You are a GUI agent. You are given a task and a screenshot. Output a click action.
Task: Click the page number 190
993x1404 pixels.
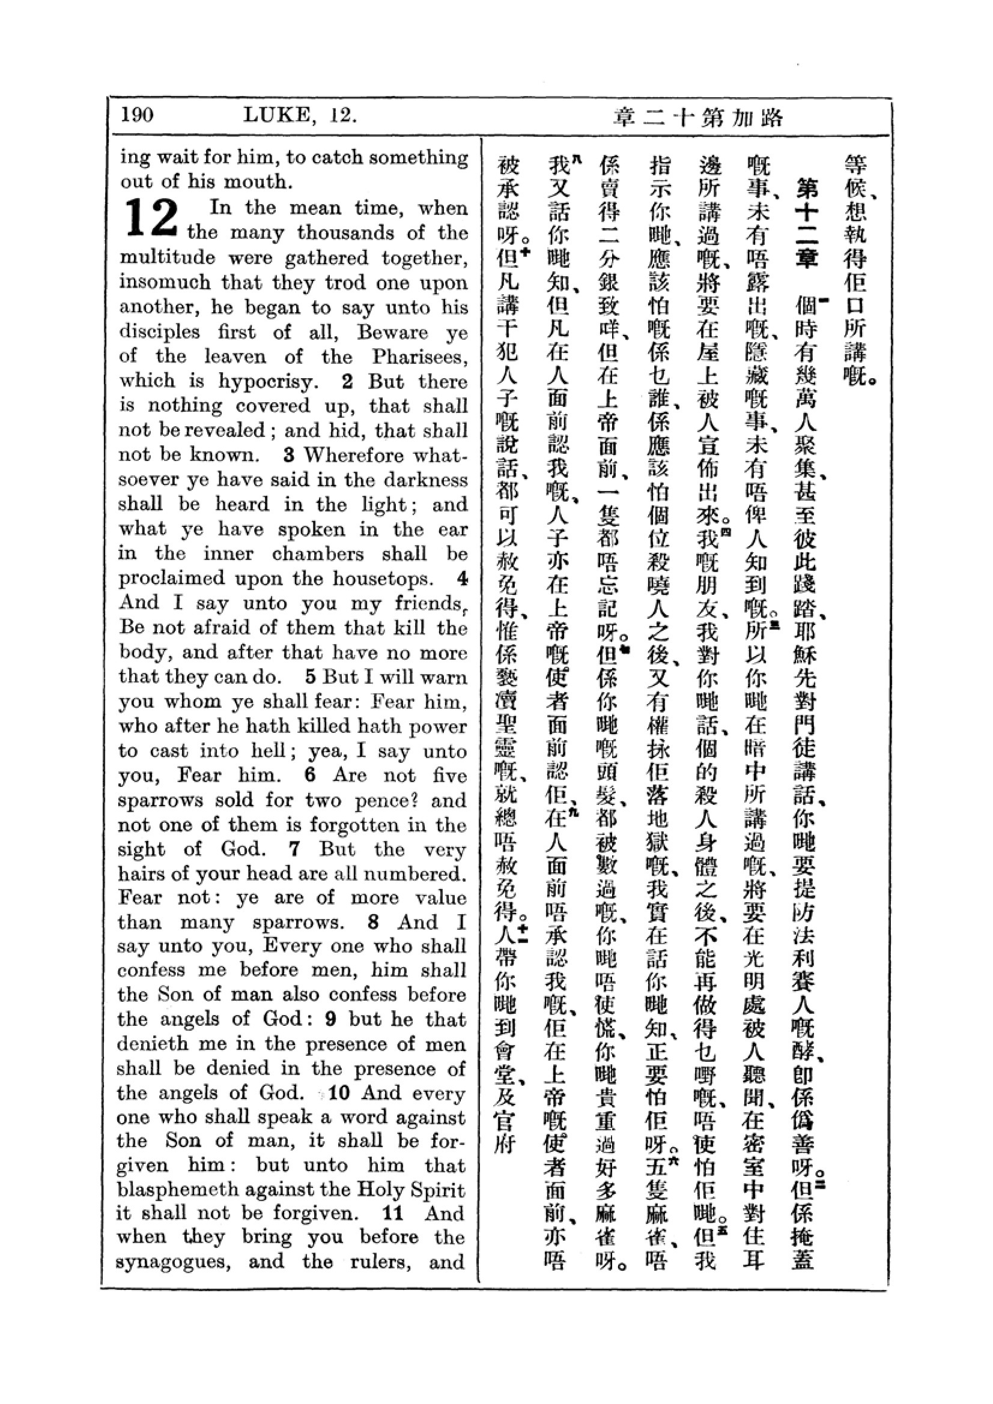pyautogui.click(x=137, y=115)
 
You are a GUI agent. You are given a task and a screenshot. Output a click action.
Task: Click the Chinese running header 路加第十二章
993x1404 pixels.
pyautogui.click(x=698, y=117)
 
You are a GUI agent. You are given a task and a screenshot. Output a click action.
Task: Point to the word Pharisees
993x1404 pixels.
pyautogui.click(x=419, y=357)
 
